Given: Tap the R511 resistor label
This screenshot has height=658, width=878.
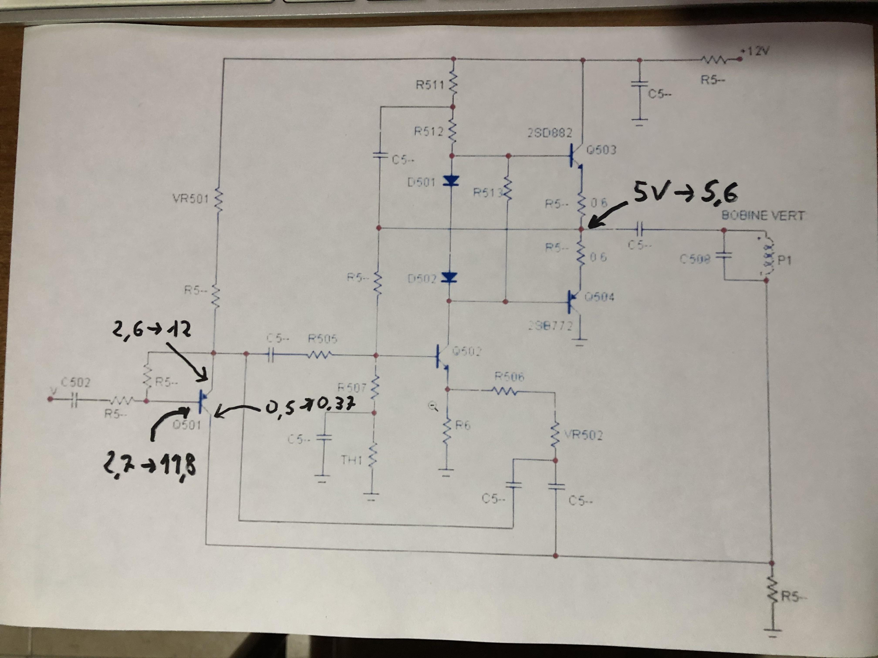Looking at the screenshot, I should click(x=430, y=85).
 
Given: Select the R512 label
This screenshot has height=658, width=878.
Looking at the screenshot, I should click(x=429, y=132).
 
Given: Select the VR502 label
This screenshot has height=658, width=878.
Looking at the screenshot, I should click(x=583, y=435).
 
